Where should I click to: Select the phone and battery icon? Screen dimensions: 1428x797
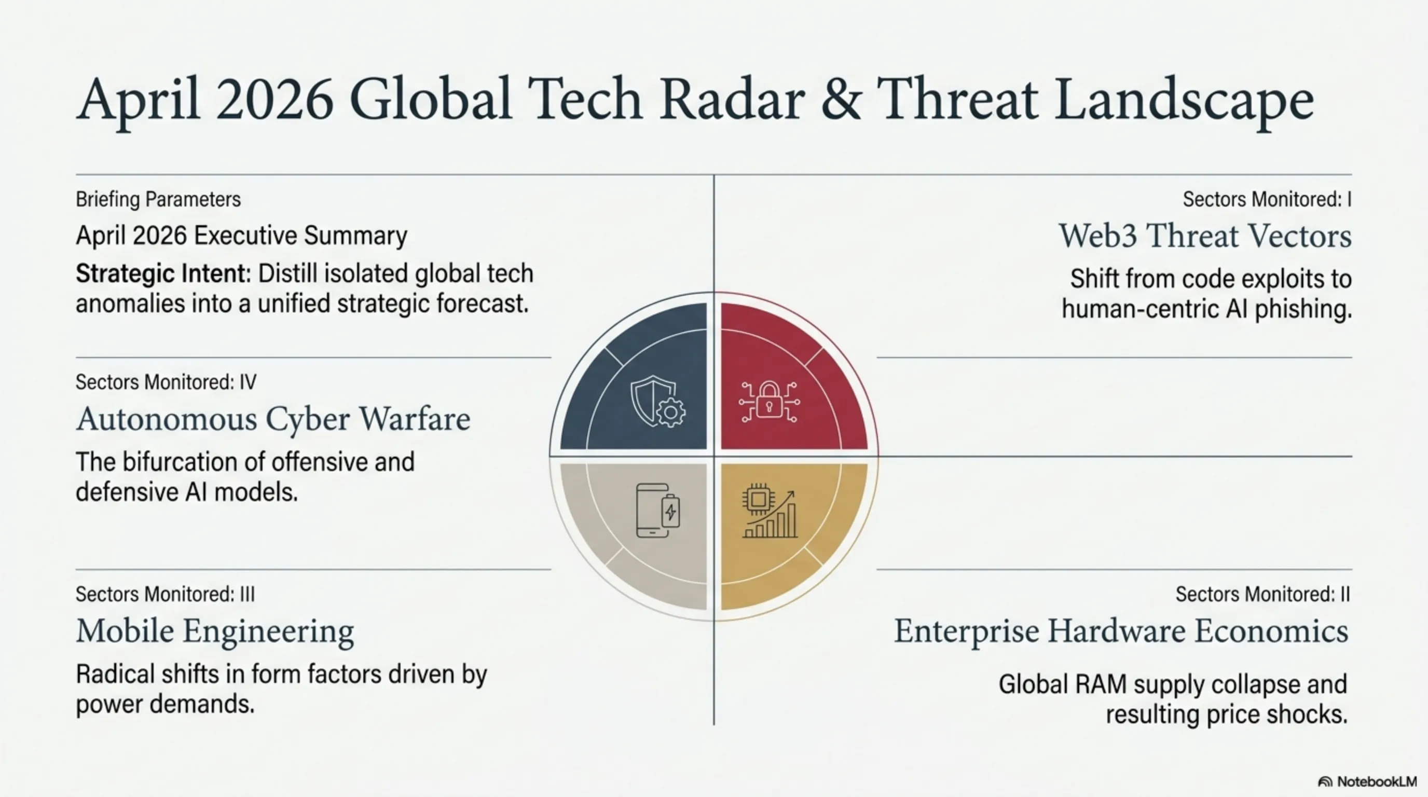658,511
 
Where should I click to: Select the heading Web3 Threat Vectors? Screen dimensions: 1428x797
1205,236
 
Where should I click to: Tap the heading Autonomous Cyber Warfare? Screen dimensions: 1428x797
273,419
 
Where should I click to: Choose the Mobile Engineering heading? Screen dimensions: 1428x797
215,632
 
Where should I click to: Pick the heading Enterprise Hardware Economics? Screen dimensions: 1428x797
1121,631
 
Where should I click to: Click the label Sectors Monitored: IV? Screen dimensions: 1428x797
166,382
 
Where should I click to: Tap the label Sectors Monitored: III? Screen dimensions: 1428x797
165,595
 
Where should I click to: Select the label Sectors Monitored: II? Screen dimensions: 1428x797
1263,595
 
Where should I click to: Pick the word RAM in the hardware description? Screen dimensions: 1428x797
1101,685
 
